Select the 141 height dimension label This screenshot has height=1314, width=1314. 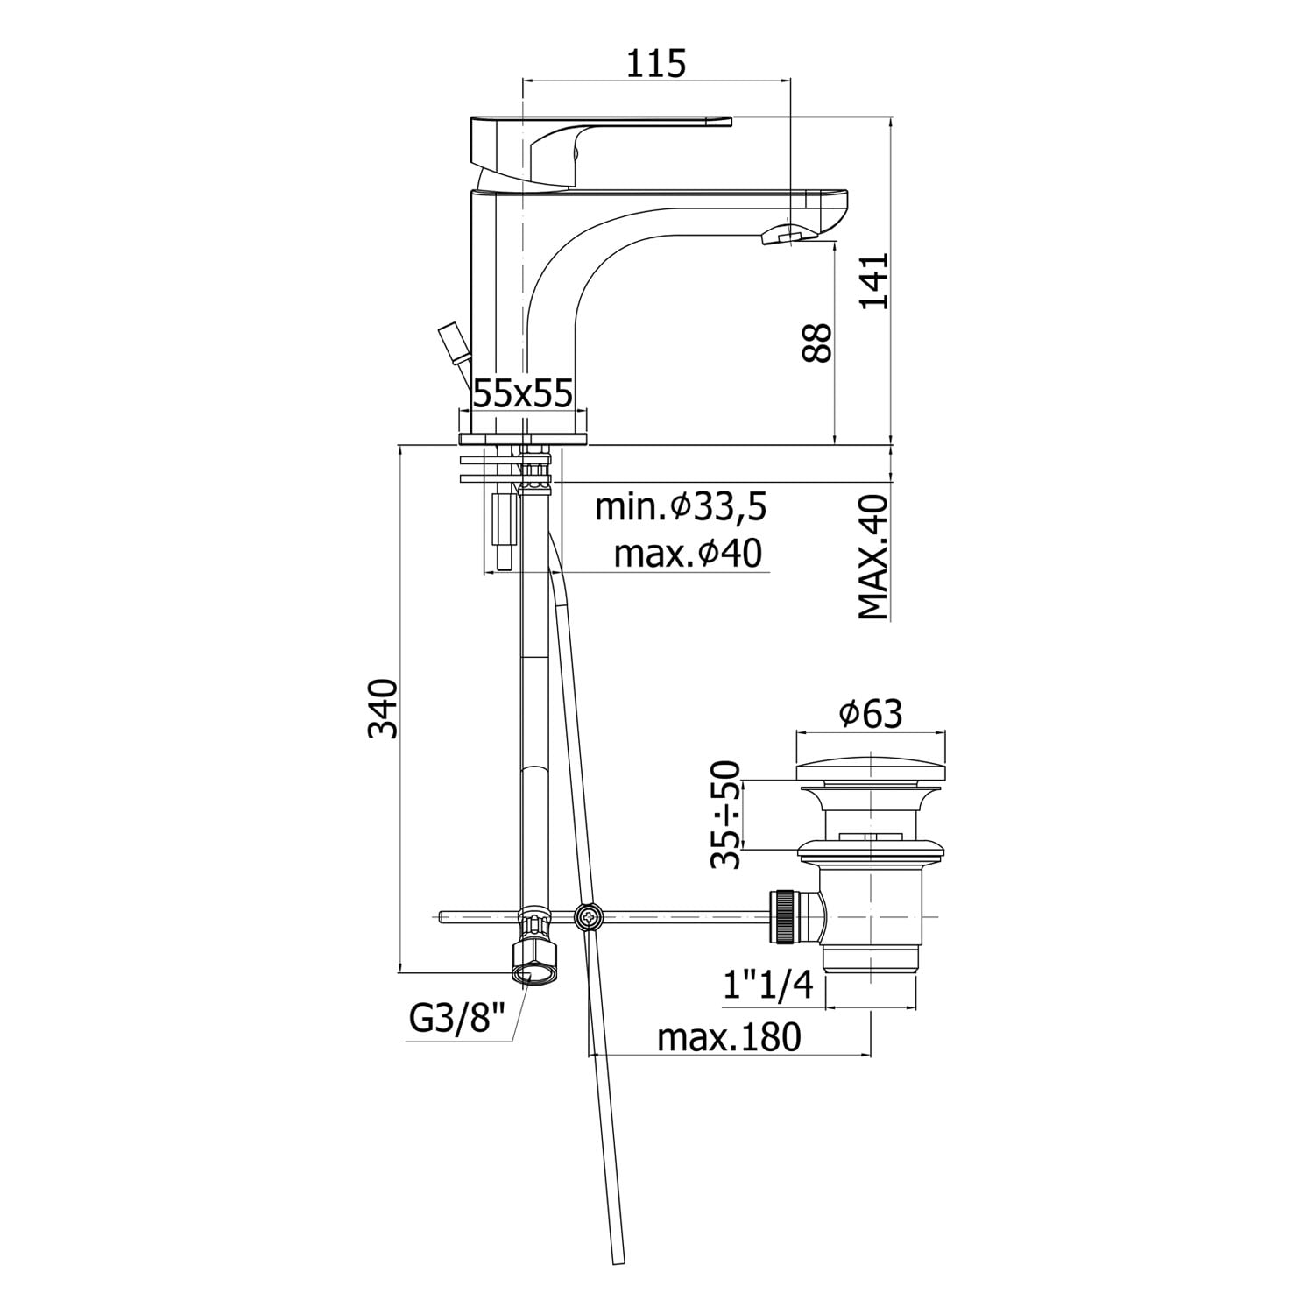click(873, 280)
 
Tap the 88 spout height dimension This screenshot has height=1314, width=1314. click(816, 342)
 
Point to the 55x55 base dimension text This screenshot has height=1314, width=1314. click(523, 393)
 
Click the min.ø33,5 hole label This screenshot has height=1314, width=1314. click(681, 506)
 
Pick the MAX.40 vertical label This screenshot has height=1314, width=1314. click(873, 557)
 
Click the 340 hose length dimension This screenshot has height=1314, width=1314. click(383, 708)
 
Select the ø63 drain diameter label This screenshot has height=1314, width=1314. click(871, 715)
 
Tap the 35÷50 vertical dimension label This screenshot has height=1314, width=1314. click(726, 815)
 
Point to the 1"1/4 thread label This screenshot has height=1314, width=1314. click(769, 986)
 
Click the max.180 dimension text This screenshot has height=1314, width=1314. click(730, 1037)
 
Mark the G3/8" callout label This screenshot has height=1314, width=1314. click(458, 1019)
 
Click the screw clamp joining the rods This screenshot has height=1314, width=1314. click(589, 917)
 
